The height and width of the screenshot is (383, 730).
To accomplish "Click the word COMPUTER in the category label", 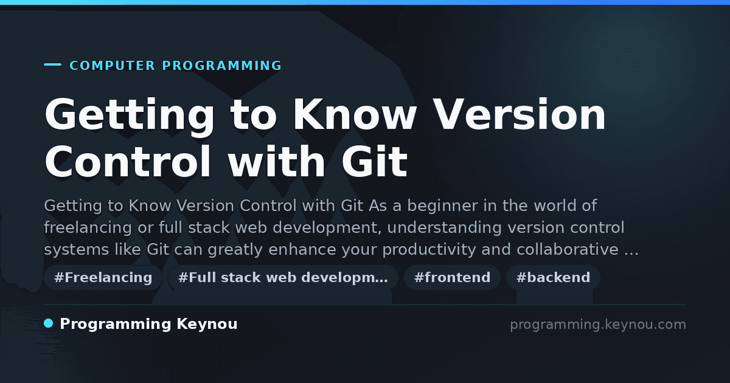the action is click(x=112, y=66).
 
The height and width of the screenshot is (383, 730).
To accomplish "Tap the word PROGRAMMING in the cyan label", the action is click(x=222, y=66).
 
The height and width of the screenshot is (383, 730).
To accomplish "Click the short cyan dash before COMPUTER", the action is click(x=52, y=64).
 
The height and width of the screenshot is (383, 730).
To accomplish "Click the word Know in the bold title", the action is click(x=355, y=115).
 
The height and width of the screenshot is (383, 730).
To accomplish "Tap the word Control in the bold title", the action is click(x=128, y=161).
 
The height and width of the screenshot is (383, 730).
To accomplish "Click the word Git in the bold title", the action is click(x=375, y=161).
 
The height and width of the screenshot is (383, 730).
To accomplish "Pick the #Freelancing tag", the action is click(x=103, y=277).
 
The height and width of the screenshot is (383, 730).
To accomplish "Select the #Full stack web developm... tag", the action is click(x=283, y=277).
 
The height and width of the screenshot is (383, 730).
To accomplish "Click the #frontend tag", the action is click(x=452, y=277).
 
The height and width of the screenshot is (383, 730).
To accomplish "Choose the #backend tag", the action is click(x=553, y=277).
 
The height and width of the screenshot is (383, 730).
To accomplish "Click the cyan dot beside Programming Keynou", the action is click(x=49, y=323).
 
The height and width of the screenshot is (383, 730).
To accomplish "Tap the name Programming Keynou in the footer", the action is click(x=148, y=325).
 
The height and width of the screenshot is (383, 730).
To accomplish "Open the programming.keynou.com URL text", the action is click(x=598, y=325).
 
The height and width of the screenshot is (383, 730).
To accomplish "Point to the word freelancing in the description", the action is click(x=88, y=227).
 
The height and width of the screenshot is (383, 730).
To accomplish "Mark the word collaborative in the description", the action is click(x=568, y=249).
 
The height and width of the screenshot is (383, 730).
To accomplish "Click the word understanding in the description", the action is click(x=444, y=227).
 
